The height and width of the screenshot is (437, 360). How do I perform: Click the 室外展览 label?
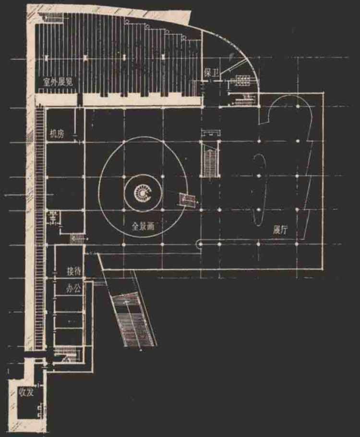[58, 82]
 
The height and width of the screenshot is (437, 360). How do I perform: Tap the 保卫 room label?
[211, 73]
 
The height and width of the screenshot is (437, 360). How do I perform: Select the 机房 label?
[57, 134]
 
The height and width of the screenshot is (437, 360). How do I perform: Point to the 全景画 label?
[143, 226]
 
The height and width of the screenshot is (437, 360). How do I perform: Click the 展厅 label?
[280, 230]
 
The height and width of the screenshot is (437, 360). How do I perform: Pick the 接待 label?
[74, 271]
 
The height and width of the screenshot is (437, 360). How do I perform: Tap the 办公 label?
[73, 288]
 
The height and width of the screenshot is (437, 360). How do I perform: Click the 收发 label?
[26, 392]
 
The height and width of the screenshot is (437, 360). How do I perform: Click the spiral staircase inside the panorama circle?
[143, 193]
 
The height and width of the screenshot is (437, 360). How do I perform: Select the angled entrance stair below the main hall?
[133, 318]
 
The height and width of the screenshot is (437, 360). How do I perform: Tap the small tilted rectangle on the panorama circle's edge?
[187, 200]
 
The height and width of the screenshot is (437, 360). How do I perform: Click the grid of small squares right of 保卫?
[243, 80]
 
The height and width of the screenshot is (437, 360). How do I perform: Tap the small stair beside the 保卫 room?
[245, 99]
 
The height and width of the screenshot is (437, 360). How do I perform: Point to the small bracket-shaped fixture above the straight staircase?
[211, 132]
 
